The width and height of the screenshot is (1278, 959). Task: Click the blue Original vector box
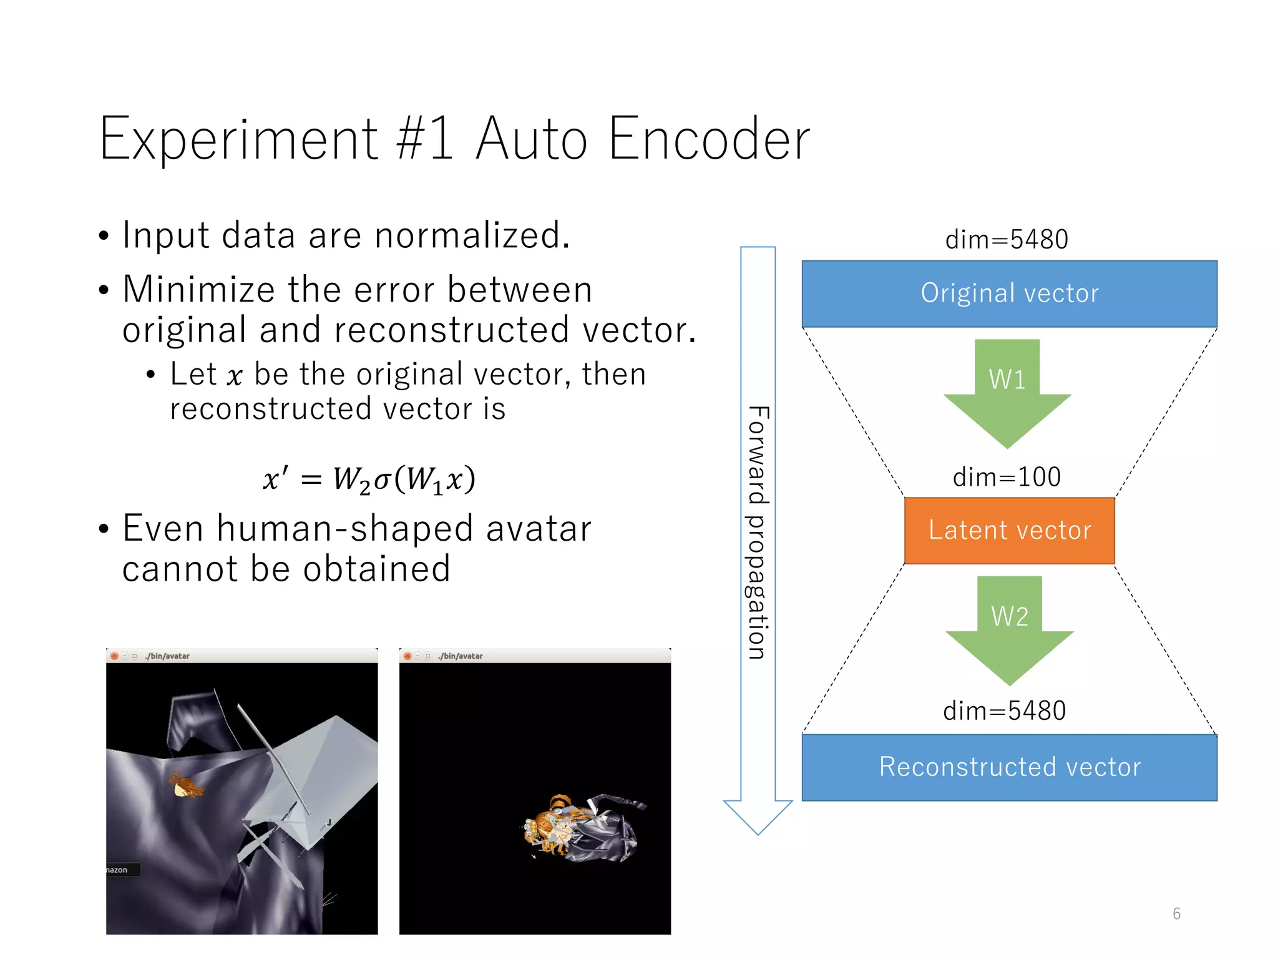pyautogui.click(x=1009, y=293)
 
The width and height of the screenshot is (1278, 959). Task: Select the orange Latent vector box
pyautogui.click(x=1009, y=530)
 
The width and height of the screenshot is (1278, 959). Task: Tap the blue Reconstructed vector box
pyautogui.click(x=1009, y=767)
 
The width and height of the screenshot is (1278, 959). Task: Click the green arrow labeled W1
pyautogui.click(x=1007, y=393)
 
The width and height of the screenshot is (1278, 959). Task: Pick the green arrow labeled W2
pyautogui.click(x=1009, y=631)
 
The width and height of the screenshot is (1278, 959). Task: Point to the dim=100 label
pyautogui.click(x=1007, y=477)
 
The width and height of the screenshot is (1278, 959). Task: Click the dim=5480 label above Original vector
pyautogui.click(x=1007, y=239)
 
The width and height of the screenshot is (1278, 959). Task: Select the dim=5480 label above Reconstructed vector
pyautogui.click(x=1004, y=711)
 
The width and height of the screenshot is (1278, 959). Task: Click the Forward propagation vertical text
pyautogui.click(x=758, y=532)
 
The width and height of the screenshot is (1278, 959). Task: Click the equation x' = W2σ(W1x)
pyautogui.click(x=369, y=479)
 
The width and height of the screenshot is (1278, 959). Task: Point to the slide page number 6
pyautogui.click(x=1176, y=913)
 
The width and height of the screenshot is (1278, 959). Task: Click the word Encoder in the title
pyautogui.click(x=708, y=139)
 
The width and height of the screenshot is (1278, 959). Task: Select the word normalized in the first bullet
pyautogui.click(x=472, y=236)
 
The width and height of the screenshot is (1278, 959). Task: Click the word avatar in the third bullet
pyautogui.click(x=538, y=529)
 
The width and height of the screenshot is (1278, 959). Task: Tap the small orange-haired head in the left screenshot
pyautogui.click(x=185, y=786)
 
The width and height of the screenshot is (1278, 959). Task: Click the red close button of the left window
pyautogui.click(x=114, y=656)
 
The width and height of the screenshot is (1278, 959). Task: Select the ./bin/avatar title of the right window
pyautogui.click(x=461, y=656)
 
